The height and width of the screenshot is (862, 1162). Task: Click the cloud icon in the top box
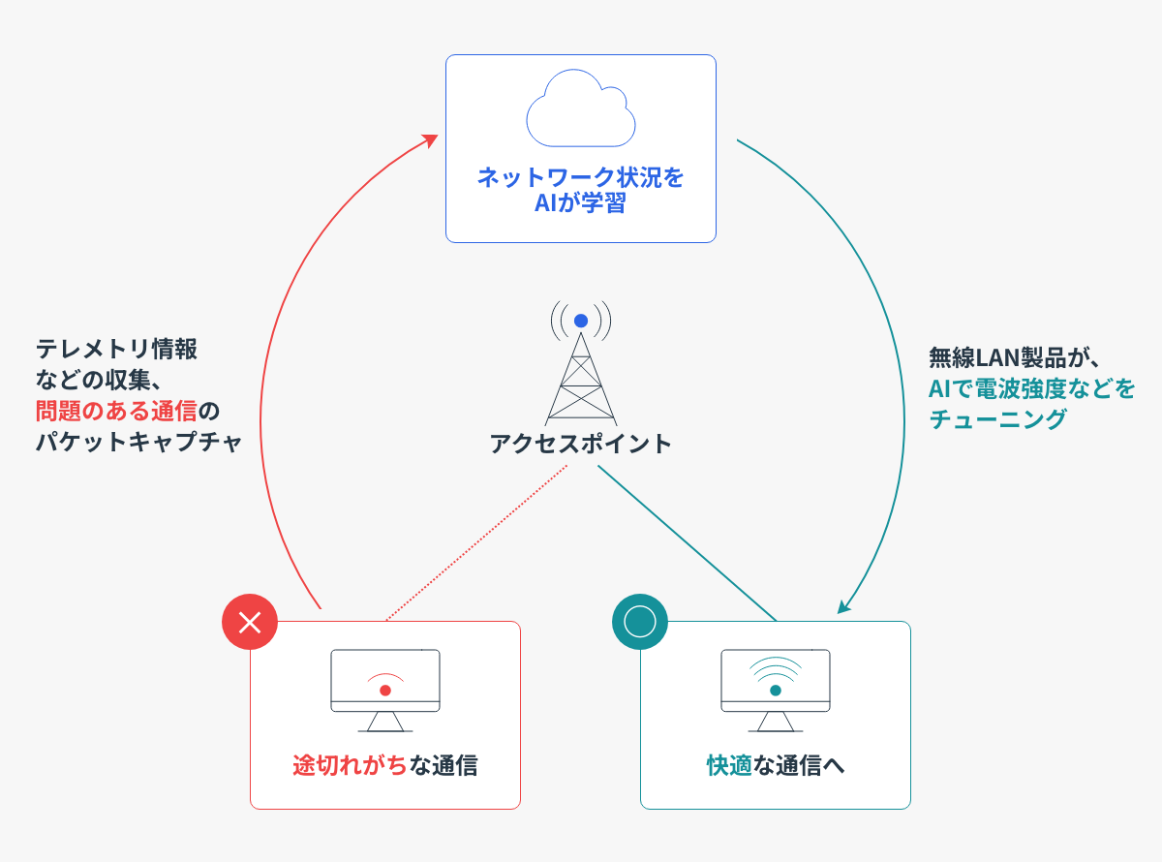pos(581,108)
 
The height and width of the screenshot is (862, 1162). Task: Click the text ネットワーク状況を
pos(581,178)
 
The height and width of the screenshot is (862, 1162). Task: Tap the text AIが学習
pos(581,204)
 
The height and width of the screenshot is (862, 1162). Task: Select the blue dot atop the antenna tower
pos(581,321)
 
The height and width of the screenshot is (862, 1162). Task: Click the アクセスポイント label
pos(580,444)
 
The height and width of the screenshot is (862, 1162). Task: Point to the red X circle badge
pos(250,622)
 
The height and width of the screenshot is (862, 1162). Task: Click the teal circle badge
pos(640,622)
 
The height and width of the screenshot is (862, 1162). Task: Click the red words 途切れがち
pos(350,765)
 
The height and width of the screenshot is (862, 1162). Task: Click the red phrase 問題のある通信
pos(116,410)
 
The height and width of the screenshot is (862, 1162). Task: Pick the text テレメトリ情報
pos(116,348)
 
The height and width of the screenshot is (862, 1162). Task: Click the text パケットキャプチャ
pos(138,442)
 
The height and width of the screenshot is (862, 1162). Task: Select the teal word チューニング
pos(997,418)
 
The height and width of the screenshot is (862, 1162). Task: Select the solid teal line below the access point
pos(688,543)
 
